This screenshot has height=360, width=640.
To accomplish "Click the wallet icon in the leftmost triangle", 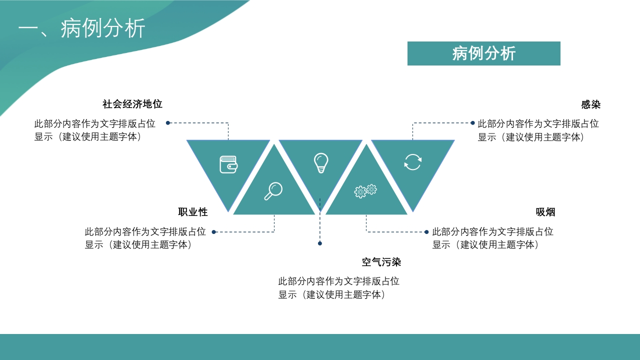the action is pos(228,164).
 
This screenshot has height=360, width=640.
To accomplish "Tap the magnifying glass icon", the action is pos(273,191).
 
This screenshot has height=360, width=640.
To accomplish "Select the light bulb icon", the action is pos(321,163).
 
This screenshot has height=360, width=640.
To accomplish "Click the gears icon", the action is pos(365,191).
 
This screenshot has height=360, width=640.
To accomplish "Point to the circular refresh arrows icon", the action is pos(413,162).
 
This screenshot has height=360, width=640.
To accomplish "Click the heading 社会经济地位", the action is pos(132,104).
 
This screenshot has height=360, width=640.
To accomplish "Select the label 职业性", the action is pos(193,212).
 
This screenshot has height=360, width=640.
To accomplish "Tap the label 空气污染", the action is pos(381,262).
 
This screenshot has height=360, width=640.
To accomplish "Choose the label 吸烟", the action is pos(545,212).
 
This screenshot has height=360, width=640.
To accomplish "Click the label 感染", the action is pos(591,104).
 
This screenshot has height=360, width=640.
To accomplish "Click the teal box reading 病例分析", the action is pos(483,53).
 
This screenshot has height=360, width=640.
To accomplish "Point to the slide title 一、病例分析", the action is pos(81,28).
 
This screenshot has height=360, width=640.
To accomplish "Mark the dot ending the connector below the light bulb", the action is pos(320,243).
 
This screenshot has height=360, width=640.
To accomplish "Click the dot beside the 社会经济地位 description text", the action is pos(168,123).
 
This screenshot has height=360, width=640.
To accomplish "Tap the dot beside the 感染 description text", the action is pos(472,123).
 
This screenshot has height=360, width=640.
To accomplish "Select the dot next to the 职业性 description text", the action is pos(213,232).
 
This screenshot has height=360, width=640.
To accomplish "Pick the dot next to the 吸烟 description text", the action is pos(426,232).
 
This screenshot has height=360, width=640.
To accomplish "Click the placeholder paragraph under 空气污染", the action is pos(339,288).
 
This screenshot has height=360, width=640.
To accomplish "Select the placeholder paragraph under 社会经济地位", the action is pos(95,130).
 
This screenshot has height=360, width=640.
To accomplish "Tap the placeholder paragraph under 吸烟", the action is pos(493,238).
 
